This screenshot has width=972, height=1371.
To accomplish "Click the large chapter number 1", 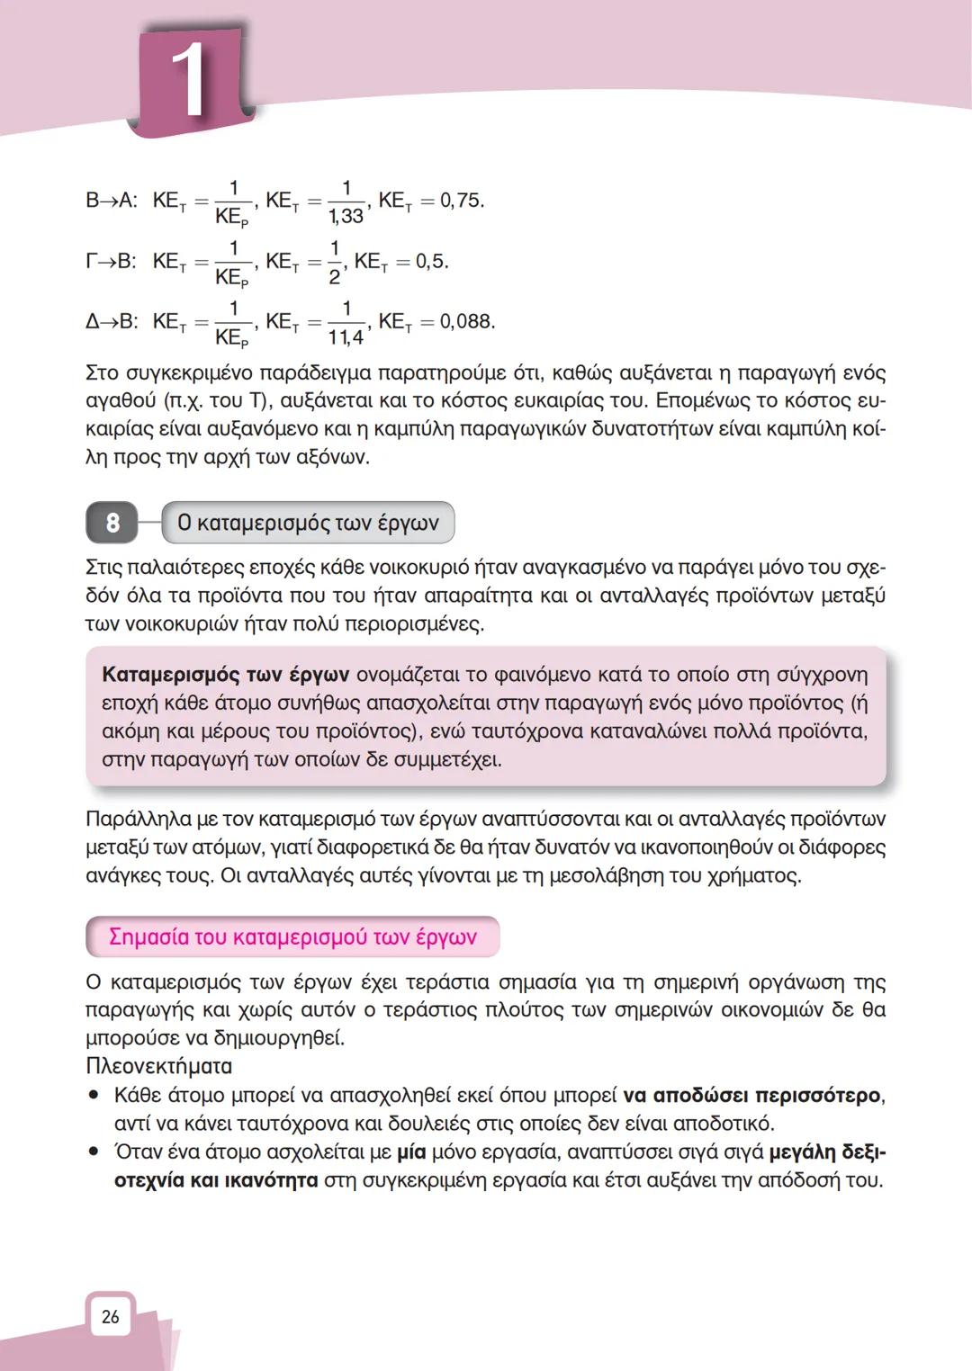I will point(189,81).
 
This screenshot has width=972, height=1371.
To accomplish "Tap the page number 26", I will point(110,1317).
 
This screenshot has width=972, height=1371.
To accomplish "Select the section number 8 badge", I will point(112,523).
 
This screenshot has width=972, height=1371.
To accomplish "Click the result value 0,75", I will point(462,201).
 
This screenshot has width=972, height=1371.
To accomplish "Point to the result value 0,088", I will point(466,321).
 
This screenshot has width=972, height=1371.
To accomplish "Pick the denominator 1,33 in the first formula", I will point(346,216).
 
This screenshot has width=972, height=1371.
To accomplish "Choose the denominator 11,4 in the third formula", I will point(346,337).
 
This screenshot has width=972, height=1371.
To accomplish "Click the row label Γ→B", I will point(111,262).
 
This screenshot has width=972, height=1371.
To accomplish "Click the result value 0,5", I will point(431,262).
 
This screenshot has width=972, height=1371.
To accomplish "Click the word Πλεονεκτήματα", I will point(158,1066).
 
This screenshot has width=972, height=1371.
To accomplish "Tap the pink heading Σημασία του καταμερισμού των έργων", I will point(292,936).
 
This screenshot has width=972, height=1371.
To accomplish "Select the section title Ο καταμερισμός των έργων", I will point(308,523).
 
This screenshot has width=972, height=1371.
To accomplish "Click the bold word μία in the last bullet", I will point(411,1151).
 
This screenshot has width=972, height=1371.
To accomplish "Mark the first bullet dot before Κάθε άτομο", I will point(94,1096).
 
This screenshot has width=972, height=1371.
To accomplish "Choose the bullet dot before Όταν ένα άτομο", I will point(94,1152).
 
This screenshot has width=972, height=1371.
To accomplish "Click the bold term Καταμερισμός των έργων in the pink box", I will point(226,675).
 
